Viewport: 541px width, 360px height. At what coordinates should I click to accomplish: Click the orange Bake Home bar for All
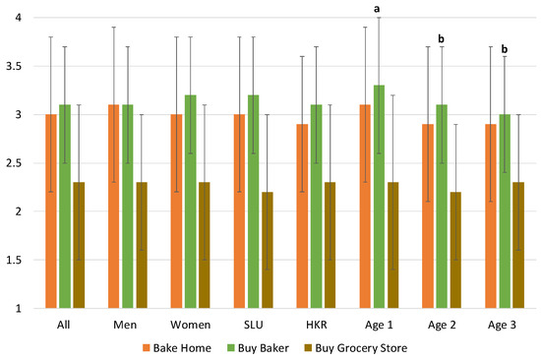coord(50,210)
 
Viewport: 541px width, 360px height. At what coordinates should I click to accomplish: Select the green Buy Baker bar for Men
coord(127,206)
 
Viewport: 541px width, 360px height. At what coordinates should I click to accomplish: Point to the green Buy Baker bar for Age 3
coord(505,210)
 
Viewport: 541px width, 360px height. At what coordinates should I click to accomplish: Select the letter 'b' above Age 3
coord(505,48)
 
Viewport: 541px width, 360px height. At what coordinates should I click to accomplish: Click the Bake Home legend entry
coord(188,347)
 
